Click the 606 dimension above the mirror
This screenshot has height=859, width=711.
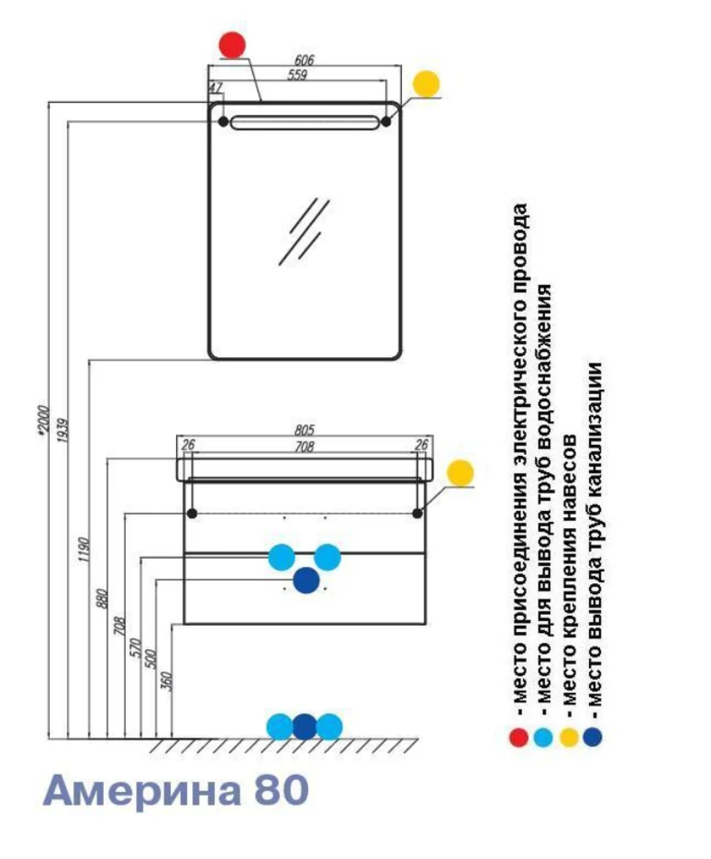pos(304,60)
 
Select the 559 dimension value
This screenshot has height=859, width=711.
pos(298,75)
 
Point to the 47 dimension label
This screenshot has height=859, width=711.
pos(215,88)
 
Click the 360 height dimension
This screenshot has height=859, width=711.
pos(164,679)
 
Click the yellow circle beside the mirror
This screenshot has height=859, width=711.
pos(426,84)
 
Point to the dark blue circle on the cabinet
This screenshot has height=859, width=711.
pos(306,581)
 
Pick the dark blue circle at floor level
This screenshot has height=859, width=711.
pos(304,726)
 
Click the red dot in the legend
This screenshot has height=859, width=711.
pos(519,737)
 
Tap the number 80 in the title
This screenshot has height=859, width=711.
pos(282,790)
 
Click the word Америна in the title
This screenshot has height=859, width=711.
pos(143,790)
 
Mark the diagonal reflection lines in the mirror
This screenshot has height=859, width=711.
pos(303,231)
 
